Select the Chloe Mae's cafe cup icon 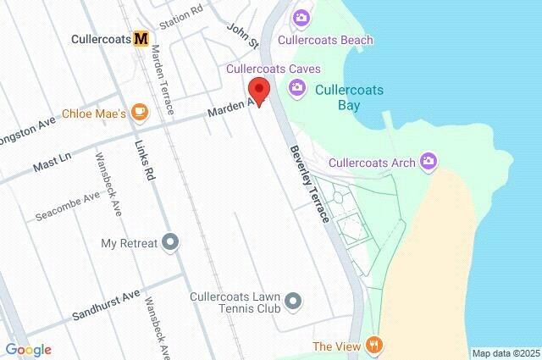139,112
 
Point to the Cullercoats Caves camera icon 296,86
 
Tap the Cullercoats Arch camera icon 429,160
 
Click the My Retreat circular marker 171,243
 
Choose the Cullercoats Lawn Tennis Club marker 293,301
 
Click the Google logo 28,349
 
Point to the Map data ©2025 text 505,352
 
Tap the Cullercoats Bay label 350,97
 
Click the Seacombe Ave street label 67,208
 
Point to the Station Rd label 181,16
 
